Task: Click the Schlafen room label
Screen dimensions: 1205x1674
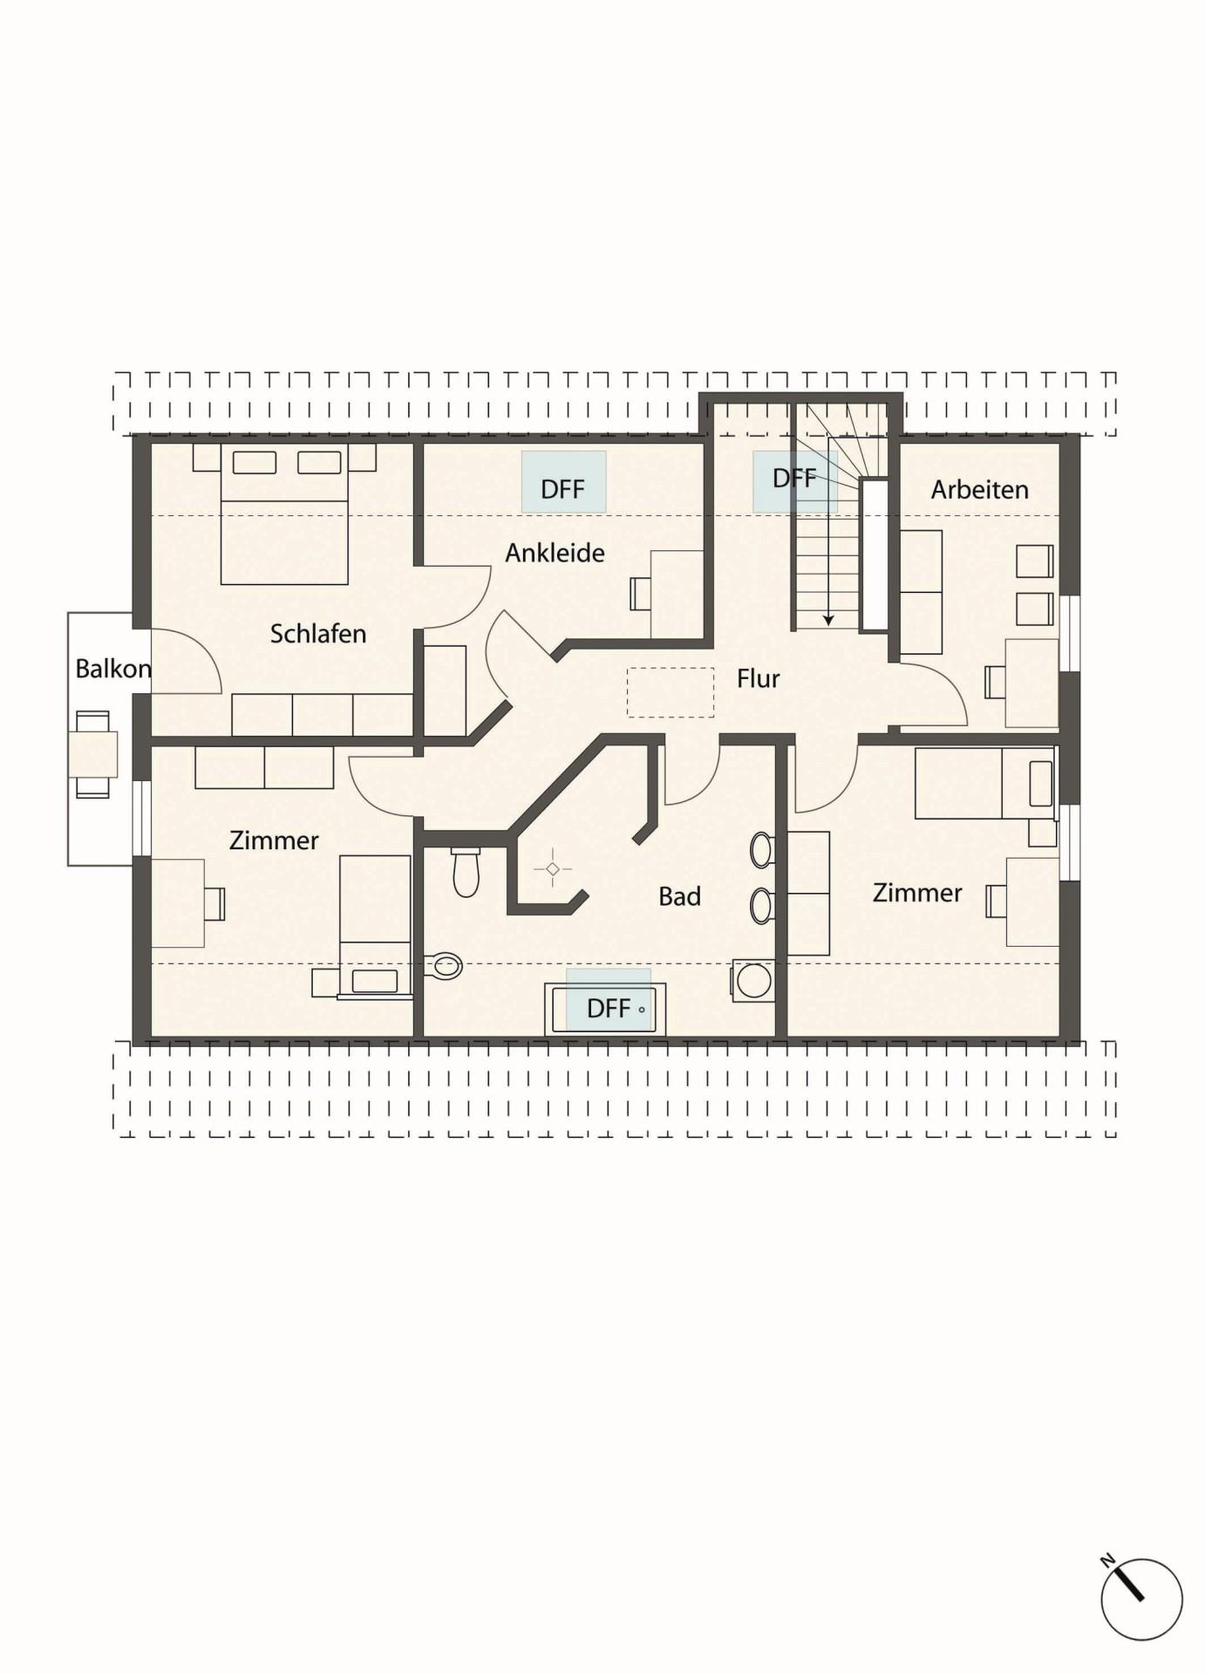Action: click(x=317, y=634)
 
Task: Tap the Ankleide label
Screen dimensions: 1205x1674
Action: click(x=555, y=553)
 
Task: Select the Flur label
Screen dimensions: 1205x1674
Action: click(x=758, y=678)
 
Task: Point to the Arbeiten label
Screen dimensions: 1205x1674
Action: click(x=979, y=489)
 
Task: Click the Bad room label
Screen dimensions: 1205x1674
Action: click(x=679, y=896)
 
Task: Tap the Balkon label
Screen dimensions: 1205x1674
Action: click(x=113, y=669)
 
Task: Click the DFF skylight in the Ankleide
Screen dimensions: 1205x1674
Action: click(x=563, y=481)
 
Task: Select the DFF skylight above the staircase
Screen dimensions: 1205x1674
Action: click(x=795, y=480)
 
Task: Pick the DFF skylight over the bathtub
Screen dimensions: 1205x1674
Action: click(x=609, y=1000)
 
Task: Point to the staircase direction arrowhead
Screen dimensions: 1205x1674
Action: click(x=828, y=620)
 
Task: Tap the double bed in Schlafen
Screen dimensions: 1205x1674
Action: click(x=284, y=514)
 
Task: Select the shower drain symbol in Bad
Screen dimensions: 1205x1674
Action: click(x=552, y=869)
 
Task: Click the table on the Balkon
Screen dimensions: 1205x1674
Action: click(x=92, y=754)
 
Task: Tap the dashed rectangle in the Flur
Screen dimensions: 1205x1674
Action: click(x=671, y=692)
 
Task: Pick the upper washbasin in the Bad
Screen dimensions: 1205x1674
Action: click(x=762, y=849)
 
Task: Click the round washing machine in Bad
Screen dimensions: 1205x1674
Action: click(x=754, y=981)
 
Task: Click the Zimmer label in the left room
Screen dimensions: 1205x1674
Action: click(x=274, y=840)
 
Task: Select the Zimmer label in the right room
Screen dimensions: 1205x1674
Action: click(x=917, y=893)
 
